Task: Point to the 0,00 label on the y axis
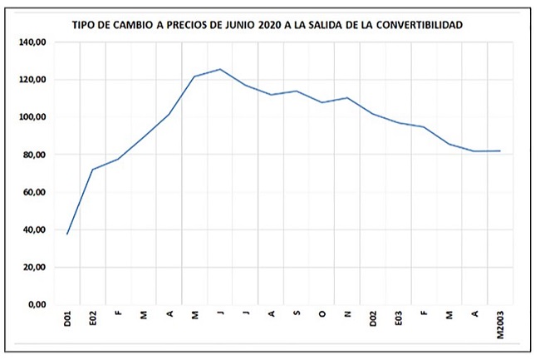tap(37, 304)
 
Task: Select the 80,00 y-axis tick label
tap(36, 155)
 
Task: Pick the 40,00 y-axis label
tap(36, 229)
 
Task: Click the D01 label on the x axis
tap(67, 318)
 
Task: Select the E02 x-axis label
tap(93, 318)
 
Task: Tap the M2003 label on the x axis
tap(500, 325)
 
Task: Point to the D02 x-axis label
tap(373, 318)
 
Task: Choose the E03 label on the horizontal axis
tap(399, 318)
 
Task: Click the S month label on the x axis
tap(297, 313)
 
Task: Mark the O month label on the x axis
tap(322, 313)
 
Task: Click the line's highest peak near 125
tap(220, 69)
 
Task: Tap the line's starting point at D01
tap(67, 234)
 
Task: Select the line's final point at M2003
tap(500, 150)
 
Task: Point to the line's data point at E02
tap(93, 169)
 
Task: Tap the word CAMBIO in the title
tap(132, 25)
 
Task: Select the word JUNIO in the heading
tap(240, 25)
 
